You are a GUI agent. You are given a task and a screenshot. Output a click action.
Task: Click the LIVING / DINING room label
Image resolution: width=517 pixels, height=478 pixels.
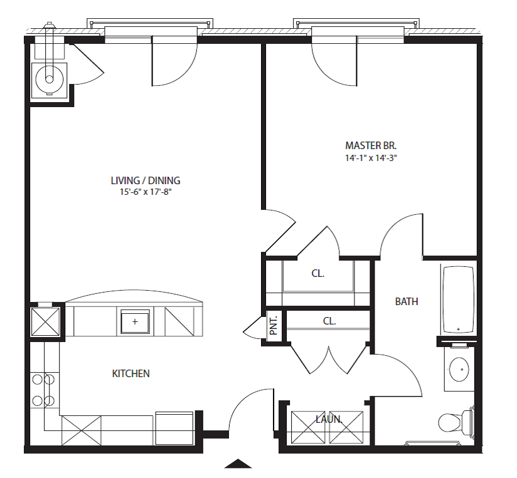click(x=146, y=180)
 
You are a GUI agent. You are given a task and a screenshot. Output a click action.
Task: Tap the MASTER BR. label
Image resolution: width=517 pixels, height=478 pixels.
click(x=371, y=145)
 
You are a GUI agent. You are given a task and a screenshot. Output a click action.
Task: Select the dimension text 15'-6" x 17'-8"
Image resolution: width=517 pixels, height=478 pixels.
click(x=146, y=192)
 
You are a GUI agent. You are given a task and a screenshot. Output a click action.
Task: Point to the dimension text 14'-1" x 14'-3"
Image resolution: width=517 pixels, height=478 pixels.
click(x=371, y=158)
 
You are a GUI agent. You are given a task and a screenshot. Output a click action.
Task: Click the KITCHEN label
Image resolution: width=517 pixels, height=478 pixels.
click(x=131, y=373)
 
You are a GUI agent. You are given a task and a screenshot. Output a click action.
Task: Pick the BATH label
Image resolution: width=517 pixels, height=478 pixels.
click(x=407, y=301)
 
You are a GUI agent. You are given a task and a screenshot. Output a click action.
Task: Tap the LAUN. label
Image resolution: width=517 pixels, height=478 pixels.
click(x=329, y=419)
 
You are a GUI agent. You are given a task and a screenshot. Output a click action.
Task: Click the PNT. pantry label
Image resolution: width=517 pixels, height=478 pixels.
click(x=274, y=326)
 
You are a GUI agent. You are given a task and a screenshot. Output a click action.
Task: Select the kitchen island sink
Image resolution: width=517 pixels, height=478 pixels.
click(x=135, y=321)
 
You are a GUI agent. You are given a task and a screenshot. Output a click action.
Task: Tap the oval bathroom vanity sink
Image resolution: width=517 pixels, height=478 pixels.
click(x=459, y=370)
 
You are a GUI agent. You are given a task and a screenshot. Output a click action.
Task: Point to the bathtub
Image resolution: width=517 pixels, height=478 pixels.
click(x=458, y=299)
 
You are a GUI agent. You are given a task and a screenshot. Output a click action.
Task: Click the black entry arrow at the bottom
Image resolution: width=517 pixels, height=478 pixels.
click(x=238, y=464)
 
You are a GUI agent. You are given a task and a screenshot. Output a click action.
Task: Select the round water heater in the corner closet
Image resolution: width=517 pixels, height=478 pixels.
click(x=49, y=80)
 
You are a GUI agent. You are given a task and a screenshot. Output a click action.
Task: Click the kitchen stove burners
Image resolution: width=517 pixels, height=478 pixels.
click(x=43, y=390)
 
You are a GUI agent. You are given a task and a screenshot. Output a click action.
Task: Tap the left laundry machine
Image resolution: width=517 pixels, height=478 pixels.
click(x=308, y=427)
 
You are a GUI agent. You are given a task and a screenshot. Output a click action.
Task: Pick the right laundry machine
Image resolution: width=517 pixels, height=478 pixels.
click(x=346, y=427)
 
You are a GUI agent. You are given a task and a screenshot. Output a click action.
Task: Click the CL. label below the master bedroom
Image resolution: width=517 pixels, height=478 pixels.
click(x=318, y=273)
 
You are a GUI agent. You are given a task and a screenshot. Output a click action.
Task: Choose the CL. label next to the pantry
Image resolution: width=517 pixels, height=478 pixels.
click(x=329, y=321)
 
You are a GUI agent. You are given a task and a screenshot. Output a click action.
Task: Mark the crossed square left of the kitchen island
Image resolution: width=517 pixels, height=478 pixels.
click(x=45, y=321)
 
